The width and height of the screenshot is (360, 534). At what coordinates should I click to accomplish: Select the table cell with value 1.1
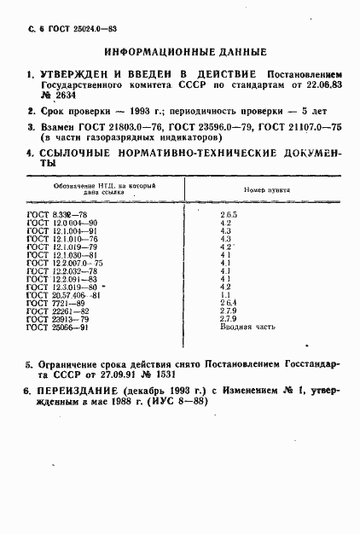coord(225,295)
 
